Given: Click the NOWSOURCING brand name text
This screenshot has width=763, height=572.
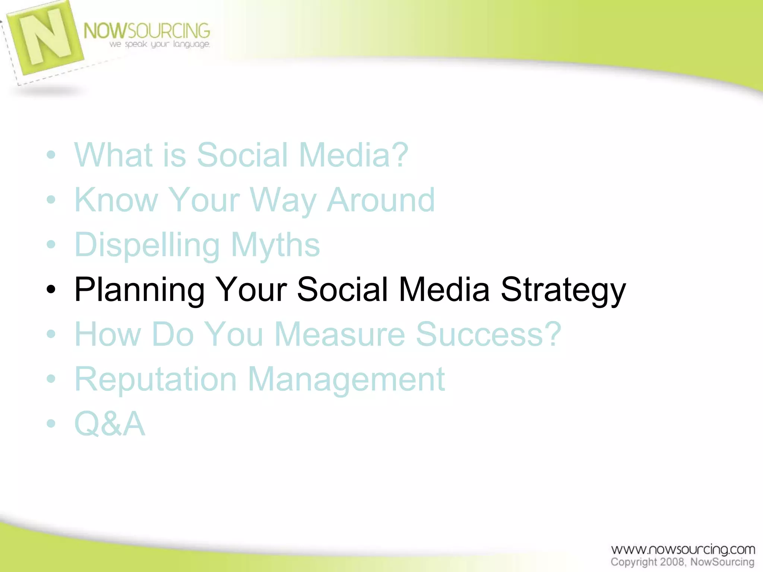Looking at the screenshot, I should click(x=146, y=31).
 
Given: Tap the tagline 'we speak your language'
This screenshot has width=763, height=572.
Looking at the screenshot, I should click(x=159, y=44).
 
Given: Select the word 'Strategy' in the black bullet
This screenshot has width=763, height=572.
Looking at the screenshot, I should click(x=563, y=290).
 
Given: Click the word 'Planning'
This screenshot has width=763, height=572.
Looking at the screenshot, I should click(x=139, y=290).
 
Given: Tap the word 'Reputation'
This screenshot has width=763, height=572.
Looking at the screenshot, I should click(x=155, y=380).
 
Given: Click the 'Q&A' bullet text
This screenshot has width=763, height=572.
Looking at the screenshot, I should click(x=110, y=424).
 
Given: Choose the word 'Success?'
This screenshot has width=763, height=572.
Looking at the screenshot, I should click(x=488, y=334).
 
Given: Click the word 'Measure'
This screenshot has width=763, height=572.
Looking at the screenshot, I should click(x=339, y=334).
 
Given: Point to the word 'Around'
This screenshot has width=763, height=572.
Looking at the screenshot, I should click(x=381, y=200).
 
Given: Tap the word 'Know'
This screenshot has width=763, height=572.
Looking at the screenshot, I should click(x=116, y=200).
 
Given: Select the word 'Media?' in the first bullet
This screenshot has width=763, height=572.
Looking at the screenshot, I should click(x=354, y=155).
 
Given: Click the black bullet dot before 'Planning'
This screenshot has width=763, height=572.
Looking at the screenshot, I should click(x=51, y=289).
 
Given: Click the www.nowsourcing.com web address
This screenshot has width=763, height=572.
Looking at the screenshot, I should click(x=683, y=550).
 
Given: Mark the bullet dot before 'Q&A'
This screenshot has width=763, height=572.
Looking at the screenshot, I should click(x=51, y=423).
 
